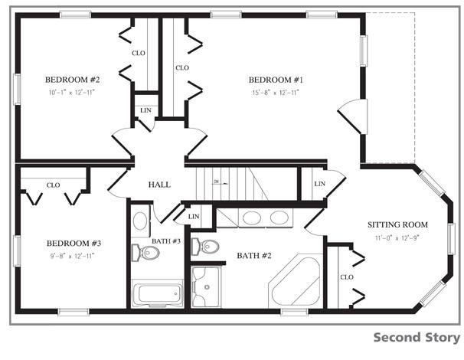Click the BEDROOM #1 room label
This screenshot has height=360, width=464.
276,80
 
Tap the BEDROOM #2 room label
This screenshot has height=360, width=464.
73,80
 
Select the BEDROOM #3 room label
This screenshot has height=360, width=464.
74,244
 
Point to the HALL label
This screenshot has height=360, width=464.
159,185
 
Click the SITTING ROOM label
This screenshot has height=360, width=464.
397,224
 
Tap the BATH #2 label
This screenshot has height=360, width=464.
254,256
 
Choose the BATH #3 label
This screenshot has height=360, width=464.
166,241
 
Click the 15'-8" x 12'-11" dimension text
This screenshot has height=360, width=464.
276,93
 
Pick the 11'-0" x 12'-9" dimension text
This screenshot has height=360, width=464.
397,237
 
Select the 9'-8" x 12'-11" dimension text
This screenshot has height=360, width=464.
72,256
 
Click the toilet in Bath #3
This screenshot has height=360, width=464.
145,253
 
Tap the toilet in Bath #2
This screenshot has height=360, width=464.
205,247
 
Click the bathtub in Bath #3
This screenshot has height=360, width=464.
157,293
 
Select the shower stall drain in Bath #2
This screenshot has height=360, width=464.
207,287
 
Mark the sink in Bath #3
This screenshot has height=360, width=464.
140,221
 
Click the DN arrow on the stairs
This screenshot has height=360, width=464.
221,183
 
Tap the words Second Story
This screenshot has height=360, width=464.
417,338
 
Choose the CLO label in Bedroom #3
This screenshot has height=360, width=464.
54,185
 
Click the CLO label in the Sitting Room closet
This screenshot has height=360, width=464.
347,277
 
